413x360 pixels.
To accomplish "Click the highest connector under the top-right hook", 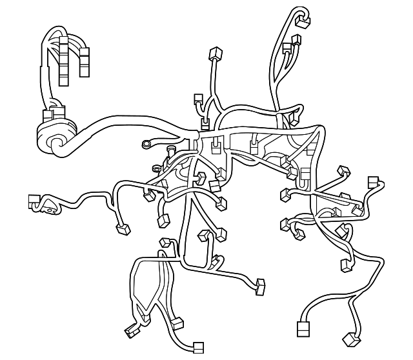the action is (302, 22).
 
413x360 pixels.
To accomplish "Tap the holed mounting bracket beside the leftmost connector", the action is (48, 208).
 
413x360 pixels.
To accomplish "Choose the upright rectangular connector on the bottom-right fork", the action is (303, 328).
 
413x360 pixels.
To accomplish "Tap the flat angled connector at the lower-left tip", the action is (132, 330).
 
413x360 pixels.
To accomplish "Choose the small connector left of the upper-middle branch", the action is (198, 99).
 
